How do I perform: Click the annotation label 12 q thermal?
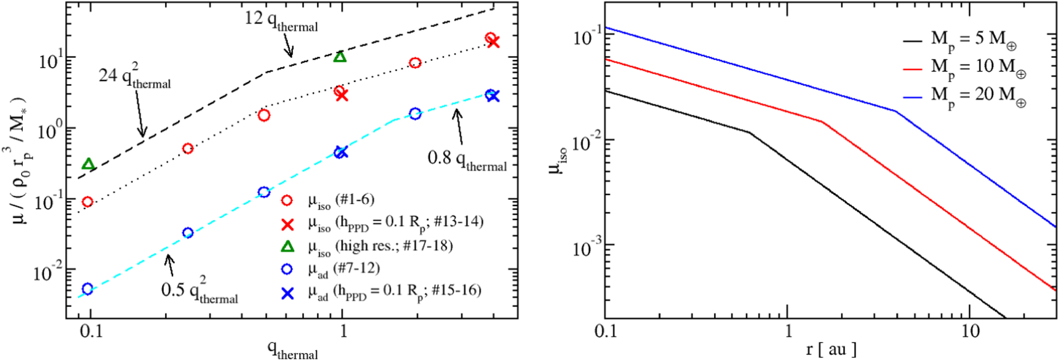coord(281,21)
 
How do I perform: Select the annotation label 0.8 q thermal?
coord(467,159)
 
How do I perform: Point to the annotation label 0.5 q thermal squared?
coord(199,291)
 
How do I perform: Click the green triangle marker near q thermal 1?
coord(340,57)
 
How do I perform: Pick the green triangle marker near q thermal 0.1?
coord(88,164)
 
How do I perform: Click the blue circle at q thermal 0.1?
coord(87,289)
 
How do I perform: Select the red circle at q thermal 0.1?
coord(87,202)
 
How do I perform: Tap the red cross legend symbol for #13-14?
coord(287,224)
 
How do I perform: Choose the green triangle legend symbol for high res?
coord(287,246)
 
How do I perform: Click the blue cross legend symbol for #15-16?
coord(287,293)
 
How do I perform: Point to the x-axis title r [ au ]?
coord(831,349)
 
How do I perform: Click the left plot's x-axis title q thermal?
coord(292,350)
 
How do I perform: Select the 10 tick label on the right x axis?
coord(970,331)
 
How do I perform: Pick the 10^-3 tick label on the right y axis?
coord(586,247)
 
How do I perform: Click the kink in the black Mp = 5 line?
coord(749,132)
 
